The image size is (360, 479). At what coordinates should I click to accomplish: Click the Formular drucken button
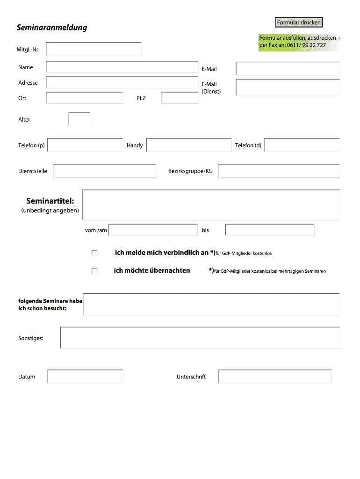(x=299, y=22)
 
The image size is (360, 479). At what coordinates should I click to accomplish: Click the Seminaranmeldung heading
(x=52, y=28)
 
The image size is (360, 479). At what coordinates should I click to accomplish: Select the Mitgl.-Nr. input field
(x=94, y=49)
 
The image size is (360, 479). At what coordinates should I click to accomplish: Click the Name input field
(x=122, y=67)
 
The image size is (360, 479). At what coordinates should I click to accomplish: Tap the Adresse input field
(x=122, y=83)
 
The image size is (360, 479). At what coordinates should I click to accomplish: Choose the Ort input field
(x=85, y=98)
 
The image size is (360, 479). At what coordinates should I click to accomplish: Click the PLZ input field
(x=180, y=98)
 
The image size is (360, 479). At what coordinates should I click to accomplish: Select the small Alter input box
(x=79, y=119)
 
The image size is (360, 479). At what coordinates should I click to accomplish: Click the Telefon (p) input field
(x=85, y=145)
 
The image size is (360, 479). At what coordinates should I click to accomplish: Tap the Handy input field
(x=189, y=145)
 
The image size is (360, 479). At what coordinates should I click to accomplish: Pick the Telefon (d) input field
(x=302, y=145)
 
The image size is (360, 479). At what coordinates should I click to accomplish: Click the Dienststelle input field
(x=105, y=171)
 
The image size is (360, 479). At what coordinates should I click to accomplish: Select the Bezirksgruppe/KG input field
(x=279, y=171)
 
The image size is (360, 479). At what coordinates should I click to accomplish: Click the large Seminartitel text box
(x=211, y=205)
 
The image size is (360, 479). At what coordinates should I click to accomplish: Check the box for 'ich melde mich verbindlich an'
(x=95, y=253)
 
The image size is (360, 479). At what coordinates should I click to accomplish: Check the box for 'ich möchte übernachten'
(x=95, y=271)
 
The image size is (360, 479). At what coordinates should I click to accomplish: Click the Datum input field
(x=85, y=377)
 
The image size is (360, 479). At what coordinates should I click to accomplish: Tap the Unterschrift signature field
(x=275, y=377)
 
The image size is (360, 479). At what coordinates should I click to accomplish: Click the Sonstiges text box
(x=200, y=338)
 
